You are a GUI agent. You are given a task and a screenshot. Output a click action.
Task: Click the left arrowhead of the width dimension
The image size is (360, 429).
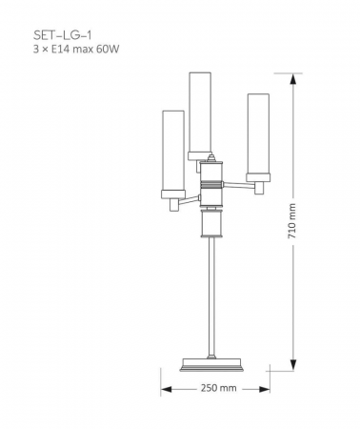pyautogui.click(x=165, y=389)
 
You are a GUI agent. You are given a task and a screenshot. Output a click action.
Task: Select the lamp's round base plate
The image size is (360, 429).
pyautogui.click(x=214, y=363)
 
